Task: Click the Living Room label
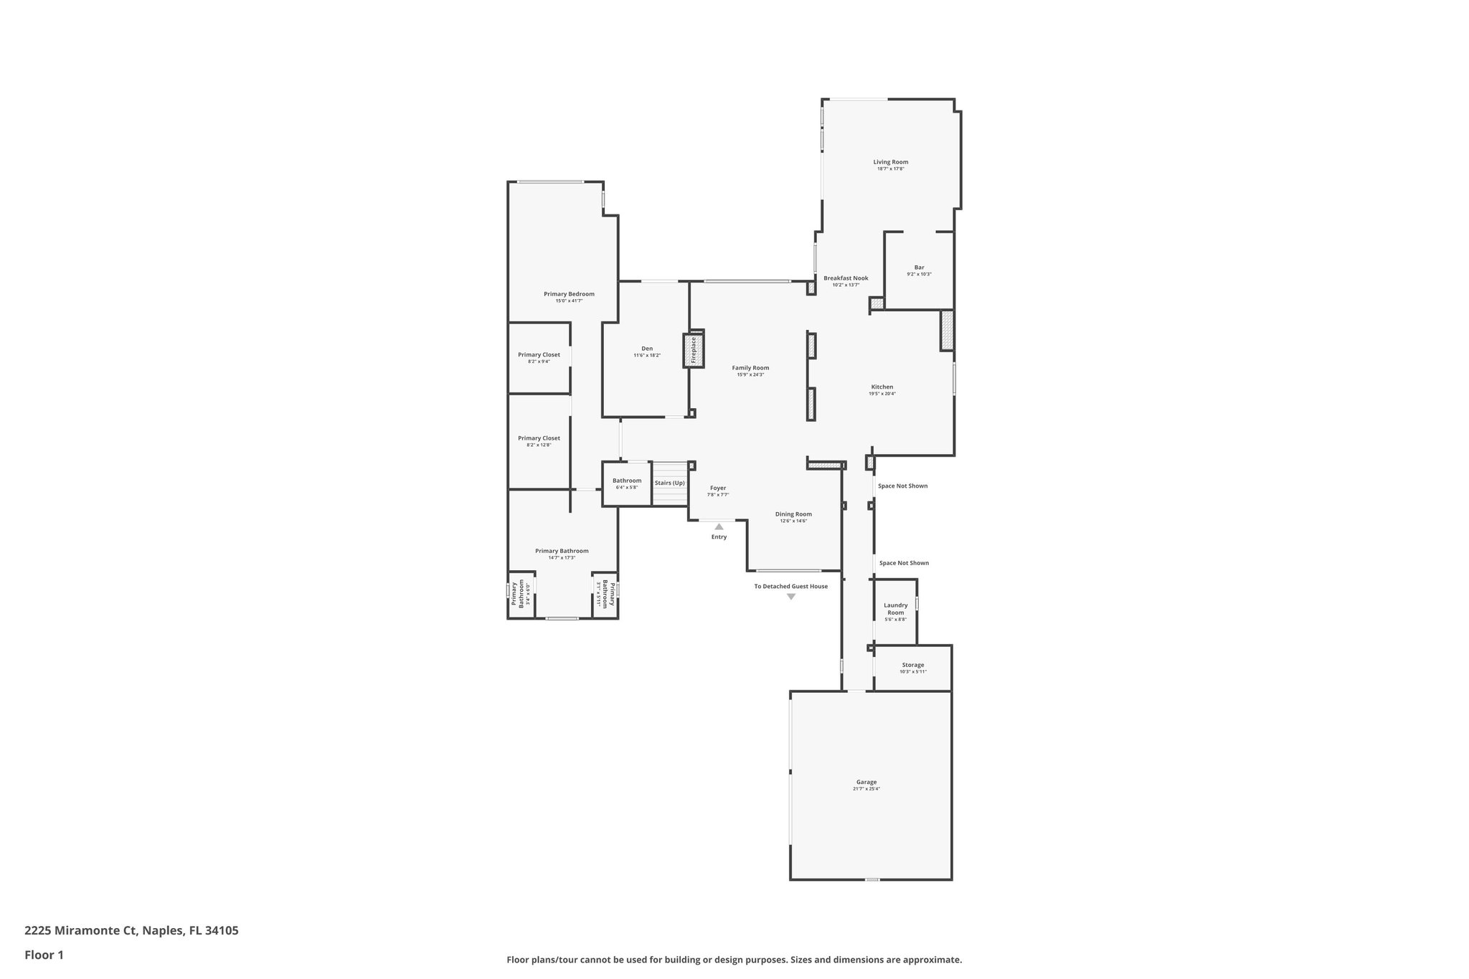click(890, 162)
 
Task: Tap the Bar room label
click(919, 268)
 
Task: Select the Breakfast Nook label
click(846, 278)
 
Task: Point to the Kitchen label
click(882, 387)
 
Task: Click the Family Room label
click(750, 368)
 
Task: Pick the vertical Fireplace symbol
click(694, 351)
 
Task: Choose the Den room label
click(647, 349)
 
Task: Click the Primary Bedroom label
click(569, 294)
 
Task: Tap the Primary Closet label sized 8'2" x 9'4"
click(539, 355)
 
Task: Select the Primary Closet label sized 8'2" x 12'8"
click(539, 438)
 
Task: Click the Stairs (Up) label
click(669, 483)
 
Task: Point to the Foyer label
click(718, 488)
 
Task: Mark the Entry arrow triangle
click(719, 526)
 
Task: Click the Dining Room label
click(793, 514)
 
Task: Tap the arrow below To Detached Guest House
click(791, 597)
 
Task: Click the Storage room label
click(913, 665)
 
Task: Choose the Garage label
click(866, 782)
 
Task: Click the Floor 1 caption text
click(44, 955)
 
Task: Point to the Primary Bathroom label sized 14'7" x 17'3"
click(562, 551)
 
